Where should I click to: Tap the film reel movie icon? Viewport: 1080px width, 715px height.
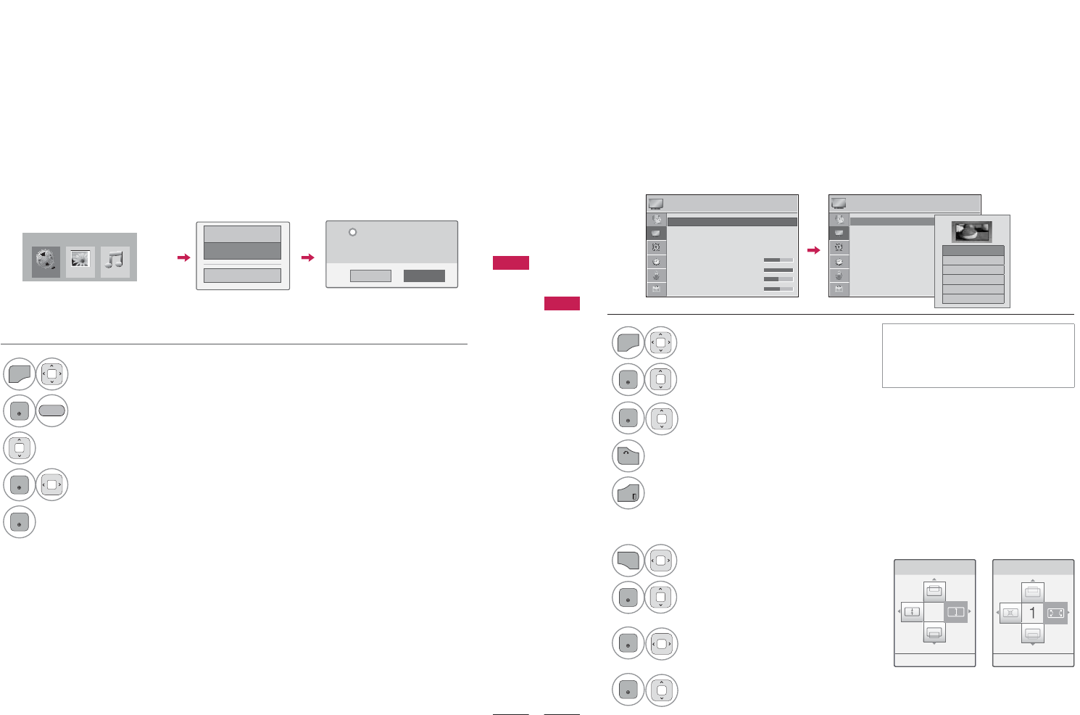click(46, 262)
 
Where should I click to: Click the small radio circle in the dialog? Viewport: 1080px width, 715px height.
click(352, 232)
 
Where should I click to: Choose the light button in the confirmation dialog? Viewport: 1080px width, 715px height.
click(370, 276)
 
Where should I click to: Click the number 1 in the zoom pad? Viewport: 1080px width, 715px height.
click(1033, 613)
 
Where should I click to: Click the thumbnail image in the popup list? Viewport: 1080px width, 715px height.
click(971, 232)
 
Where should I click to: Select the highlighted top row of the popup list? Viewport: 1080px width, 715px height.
click(973, 251)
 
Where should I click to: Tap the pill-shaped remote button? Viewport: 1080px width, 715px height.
click(51, 411)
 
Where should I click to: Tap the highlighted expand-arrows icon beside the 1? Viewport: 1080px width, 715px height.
click(1055, 613)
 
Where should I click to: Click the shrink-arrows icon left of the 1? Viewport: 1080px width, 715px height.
click(1010, 613)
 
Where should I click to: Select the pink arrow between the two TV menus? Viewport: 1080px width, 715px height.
click(814, 250)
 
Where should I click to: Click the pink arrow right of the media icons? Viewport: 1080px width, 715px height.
click(183, 257)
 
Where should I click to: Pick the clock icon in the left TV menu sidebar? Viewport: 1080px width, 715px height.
click(656, 261)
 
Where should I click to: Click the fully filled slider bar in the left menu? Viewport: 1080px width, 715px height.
click(778, 270)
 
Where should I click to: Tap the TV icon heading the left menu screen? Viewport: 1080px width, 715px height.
click(656, 204)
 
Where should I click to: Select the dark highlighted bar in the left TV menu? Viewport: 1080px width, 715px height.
click(732, 222)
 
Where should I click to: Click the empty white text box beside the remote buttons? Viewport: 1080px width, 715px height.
click(978, 355)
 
